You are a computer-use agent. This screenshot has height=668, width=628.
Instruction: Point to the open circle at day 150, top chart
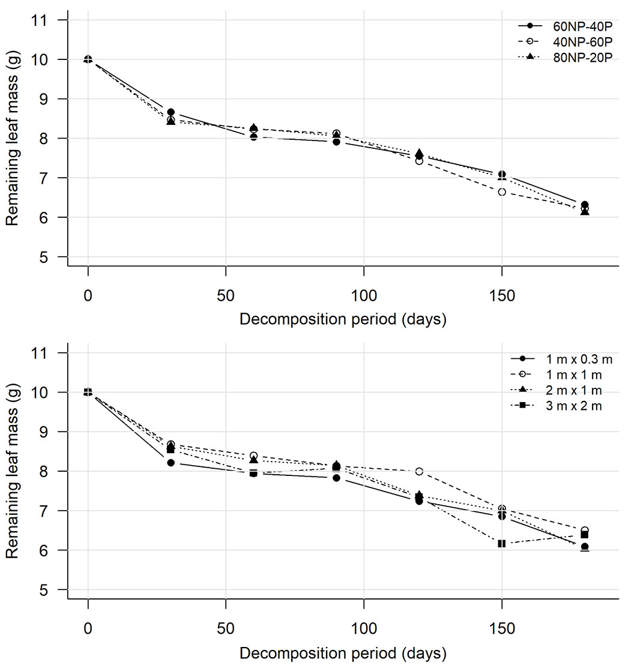(x=502, y=192)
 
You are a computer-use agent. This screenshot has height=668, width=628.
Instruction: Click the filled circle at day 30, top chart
(x=171, y=112)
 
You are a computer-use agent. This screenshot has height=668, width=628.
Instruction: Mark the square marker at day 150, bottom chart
(x=502, y=543)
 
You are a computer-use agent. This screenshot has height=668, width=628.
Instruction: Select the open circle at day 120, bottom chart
(x=419, y=471)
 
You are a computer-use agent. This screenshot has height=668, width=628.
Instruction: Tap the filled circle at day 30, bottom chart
(x=171, y=463)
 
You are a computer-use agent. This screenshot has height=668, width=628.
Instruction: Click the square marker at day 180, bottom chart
(x=584, y=535)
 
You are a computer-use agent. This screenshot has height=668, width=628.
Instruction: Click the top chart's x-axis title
(x=343, y=319)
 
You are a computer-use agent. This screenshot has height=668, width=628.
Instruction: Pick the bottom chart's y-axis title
(x=13, y=472)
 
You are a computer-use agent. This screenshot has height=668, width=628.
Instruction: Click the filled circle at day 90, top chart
(x=337, y=142)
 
